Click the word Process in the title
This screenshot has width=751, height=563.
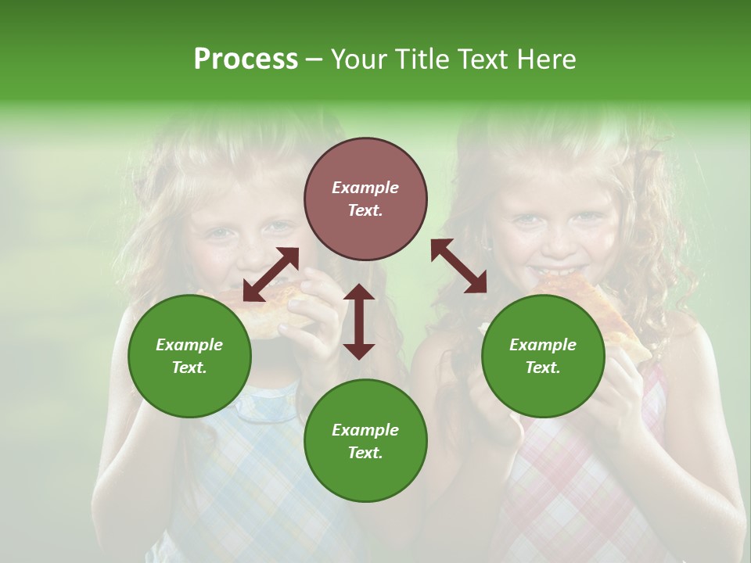(246, 59)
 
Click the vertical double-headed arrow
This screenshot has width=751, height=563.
(359, 321)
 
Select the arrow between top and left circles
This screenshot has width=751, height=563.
(271, 274)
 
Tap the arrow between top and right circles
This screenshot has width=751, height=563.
(459, 266)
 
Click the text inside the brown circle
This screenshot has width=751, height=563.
(365, 199)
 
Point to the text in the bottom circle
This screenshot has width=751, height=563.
(365, 441)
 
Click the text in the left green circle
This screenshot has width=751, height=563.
(189, 356)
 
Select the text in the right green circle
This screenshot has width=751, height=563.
(543, 356)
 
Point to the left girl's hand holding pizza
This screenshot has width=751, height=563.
(313, 313)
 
